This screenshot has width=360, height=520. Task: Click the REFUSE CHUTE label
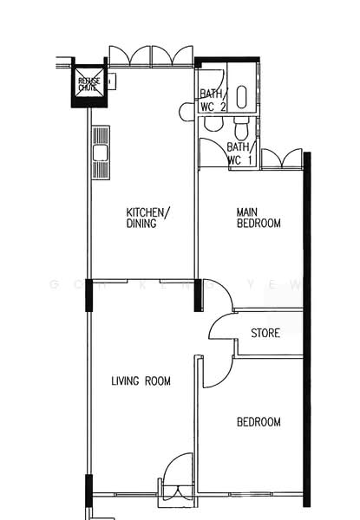click(x=88, y=84)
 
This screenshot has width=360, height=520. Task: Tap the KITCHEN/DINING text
click(x=148, y=218)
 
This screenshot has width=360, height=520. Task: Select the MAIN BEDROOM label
click(x=259, y=217)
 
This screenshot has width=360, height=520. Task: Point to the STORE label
click(x=265, y=333)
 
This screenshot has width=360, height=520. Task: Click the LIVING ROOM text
click(x=141, y=380)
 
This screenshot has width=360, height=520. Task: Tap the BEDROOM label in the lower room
click(x=259, y=422)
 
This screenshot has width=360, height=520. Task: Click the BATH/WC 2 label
click(x=213, y=101)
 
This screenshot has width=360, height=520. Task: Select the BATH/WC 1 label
click(x=239, y=153)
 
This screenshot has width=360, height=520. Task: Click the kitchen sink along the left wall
click(x=101, y=153)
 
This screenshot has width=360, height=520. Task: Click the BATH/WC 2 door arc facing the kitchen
click(x=187, y=111)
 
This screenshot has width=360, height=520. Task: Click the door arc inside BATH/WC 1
click(x=212, y=153)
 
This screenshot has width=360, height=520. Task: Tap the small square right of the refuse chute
click(x=112, y=81)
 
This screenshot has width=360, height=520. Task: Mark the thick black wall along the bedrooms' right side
click(x=306, y=329)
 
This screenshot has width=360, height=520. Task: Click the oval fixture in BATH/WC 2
click(x=242, y=97)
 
